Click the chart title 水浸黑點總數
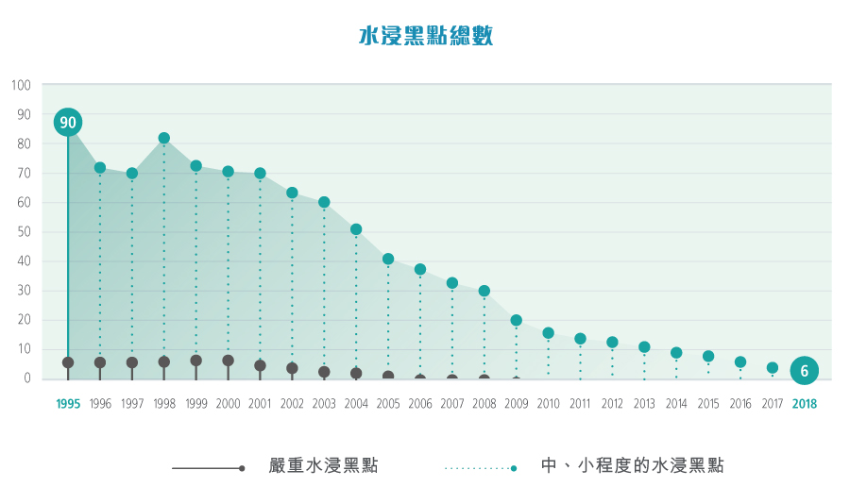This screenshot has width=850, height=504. pos(426,37)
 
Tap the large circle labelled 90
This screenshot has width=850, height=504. pos(68,122)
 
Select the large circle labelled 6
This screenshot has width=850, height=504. pos(804,370)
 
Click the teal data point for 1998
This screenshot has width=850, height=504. pos(164,138)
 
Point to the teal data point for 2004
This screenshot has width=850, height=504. pos(356,229)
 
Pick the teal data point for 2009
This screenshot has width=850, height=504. pos(517,320)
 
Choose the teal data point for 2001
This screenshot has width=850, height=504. pos(260,173)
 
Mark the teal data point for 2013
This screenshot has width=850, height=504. pos(644,346)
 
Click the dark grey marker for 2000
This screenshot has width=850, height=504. pos(228,361)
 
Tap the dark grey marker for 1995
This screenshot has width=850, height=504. pos(68,362)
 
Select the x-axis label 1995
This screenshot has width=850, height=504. pos(68,404)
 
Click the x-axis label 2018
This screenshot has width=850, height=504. pos(804,404)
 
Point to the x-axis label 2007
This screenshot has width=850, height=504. pos(451,404)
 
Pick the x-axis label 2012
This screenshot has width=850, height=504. pos(612,404)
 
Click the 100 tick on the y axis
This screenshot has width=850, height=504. pos(22,86)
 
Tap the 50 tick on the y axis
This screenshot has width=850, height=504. pos(25,232)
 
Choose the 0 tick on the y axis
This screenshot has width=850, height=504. pos(27,378)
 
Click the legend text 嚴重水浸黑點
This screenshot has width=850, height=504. pos(323,465)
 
